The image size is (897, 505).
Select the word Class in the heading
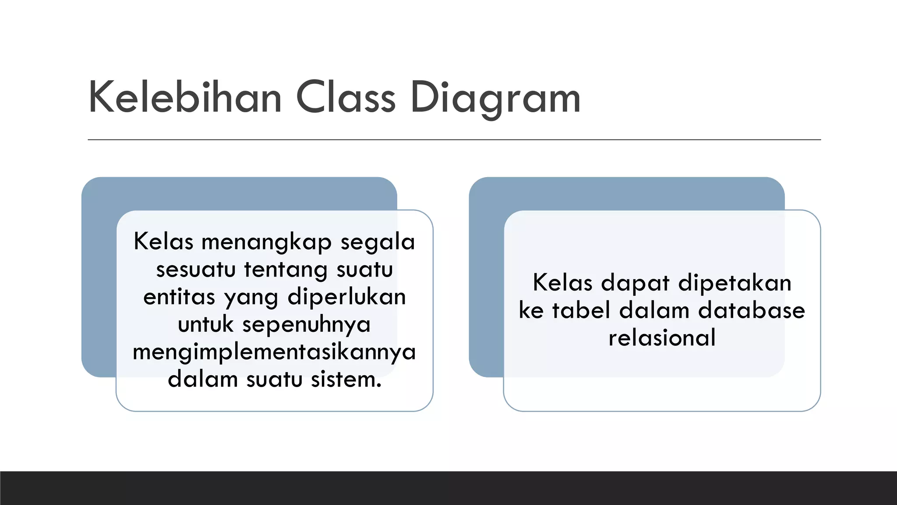pyautogui.click(x=346, y=97)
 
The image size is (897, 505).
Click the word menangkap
pyautogui.click(x=266, y=242)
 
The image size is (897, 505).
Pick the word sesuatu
pyautogui.click(x=196, y=270)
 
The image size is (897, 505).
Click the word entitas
pyautogui.click(x=179, y=297)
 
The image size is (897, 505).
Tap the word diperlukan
pyautogui.click(x=346, y=297)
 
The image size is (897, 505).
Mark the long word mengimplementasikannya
pyautogui.click(x=274, y=352)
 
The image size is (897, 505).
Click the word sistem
pyautogui.click(x=346, y=380)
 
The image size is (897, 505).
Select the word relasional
pyautogui.click(x=662, y=338)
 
